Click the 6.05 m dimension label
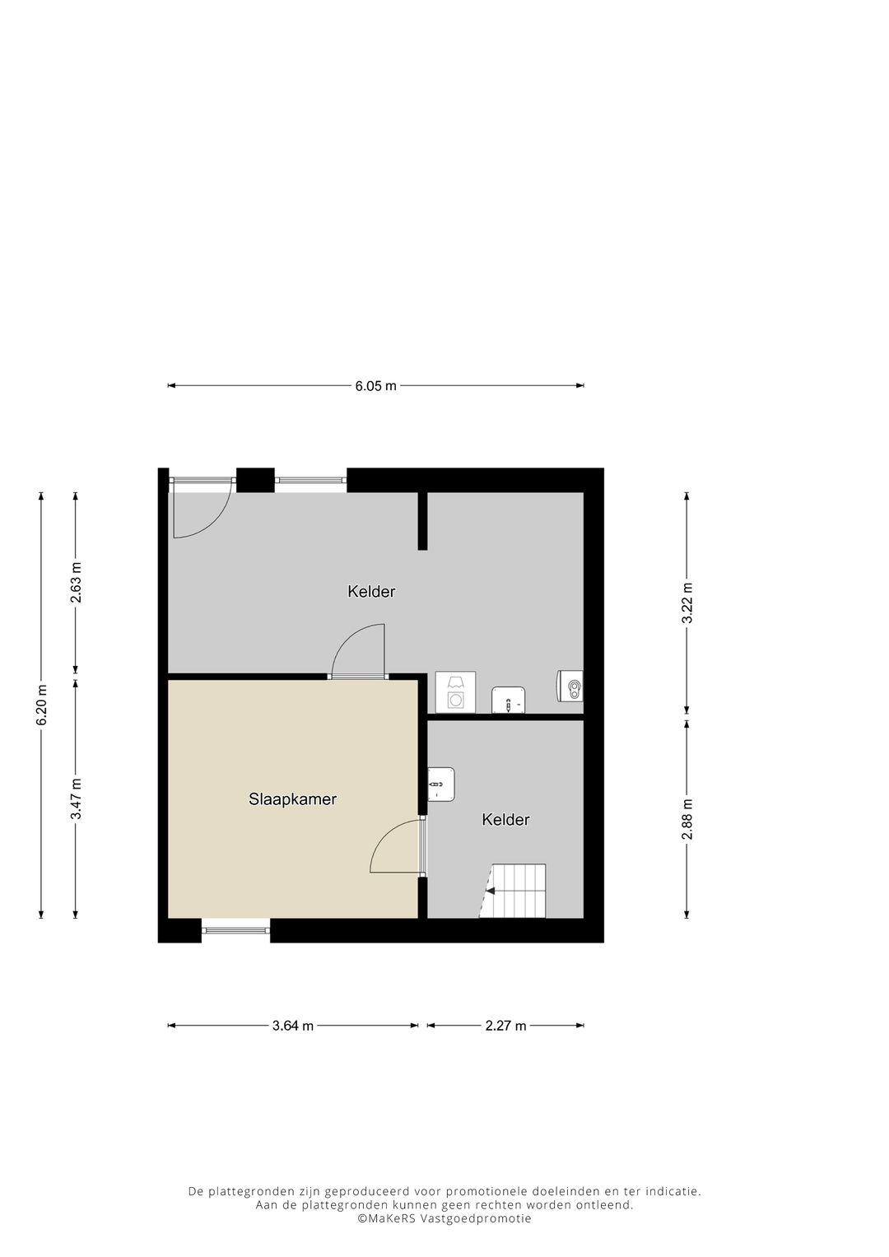tap(375, 385)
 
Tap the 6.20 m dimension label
tap(42, 705)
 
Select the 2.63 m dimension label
tap(76, 582)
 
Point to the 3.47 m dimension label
tap(76, 798)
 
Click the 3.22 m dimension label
tap(687, 603)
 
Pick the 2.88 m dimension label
tap(687, 819)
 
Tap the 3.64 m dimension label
tap(293, 1026)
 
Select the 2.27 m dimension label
tap(505, 1026)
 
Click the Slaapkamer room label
tap(292, 798)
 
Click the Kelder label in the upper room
tap(371, 591)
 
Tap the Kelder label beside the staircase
tap(505, 819)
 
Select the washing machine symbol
tap(455, 691)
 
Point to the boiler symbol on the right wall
tap(570, 686)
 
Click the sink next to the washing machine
tap(508, 701)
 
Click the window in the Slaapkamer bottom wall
tap(235, 930)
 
